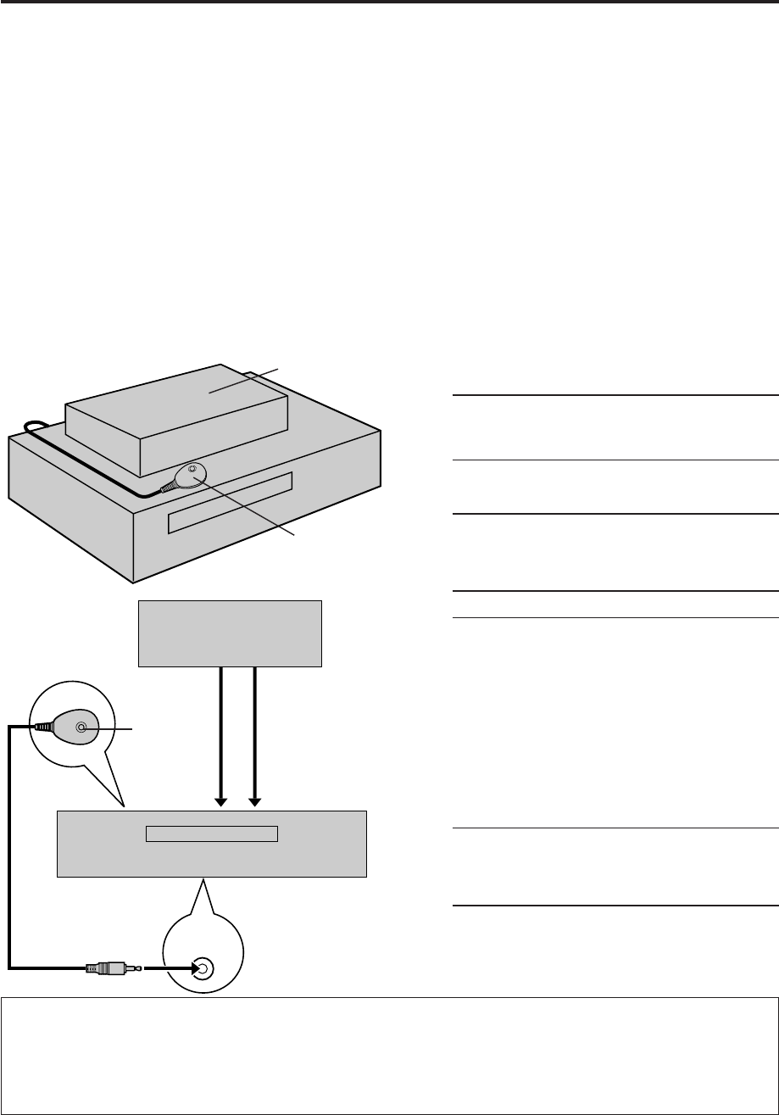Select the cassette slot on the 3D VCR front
[x=230, y=503]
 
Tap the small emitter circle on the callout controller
[x=81, y=727]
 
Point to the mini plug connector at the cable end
[x=109, y=967]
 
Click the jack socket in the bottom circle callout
[x=201, y=967]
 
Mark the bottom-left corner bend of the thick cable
[x=11, y=966]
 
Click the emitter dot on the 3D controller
[x=192, y=469]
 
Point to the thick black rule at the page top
[x=389, y=3]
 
